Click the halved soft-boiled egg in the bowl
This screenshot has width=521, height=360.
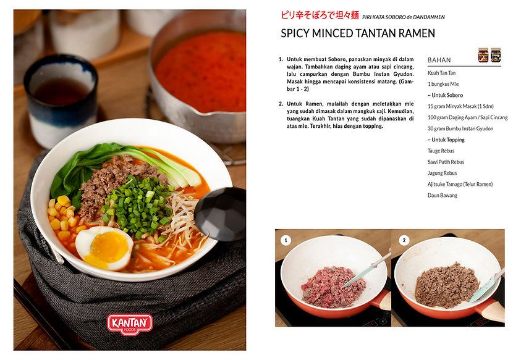tap(104, 247)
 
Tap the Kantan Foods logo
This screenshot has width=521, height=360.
tap(130, 324)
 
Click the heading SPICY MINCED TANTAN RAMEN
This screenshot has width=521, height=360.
tap(358, 33)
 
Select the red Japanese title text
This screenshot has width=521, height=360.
tap(319, 15)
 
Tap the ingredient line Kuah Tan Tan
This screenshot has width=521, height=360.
tap(441, 73)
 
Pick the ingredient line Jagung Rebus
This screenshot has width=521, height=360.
tap(443, 173)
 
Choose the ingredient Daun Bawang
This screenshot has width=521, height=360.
tap(443, 195)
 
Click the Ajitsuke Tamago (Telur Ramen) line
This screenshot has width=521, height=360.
tap(460, 184)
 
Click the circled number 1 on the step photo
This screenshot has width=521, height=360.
tap(286, 240)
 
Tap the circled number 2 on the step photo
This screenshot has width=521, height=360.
tap(404, 240)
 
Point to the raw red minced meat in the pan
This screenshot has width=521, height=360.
tap(325, 287)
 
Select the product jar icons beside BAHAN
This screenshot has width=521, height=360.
tap(489, 55)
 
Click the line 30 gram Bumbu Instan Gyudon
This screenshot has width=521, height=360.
tap(460, 128)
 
